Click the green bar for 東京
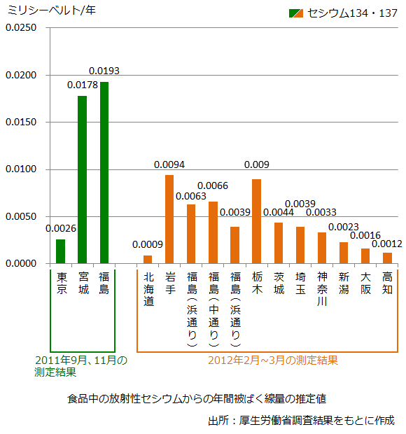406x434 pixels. [x=61, y=251]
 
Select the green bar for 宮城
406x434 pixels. [x=82, y=180]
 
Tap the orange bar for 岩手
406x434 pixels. [x=169, y=219]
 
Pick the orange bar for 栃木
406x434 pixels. [x=257, y=221]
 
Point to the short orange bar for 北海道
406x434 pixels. [x=148, y=259]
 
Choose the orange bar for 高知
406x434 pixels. [x=388, y=258]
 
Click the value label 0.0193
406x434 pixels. [x=104, y=71]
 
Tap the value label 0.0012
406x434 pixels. [x=387, y=244]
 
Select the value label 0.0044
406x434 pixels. [x=279, y=212]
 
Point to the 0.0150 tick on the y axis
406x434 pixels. [x=21, y=122]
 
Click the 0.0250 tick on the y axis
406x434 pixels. [x=21, y=28]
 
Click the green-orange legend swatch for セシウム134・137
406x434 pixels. [x=296, y=13]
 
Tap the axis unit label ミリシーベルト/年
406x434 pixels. [x=52, y=10]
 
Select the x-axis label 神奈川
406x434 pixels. [x=322, y=289]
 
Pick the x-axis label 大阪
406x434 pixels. [x=365, y=283]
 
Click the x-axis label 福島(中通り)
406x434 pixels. [x=213, y=309]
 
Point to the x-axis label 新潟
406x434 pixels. [x=344, y=283]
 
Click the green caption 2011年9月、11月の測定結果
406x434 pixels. [x=80, y=366]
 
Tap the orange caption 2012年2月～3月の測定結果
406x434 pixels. [x=273, y=360]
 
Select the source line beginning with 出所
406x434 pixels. [x=301, y=421]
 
